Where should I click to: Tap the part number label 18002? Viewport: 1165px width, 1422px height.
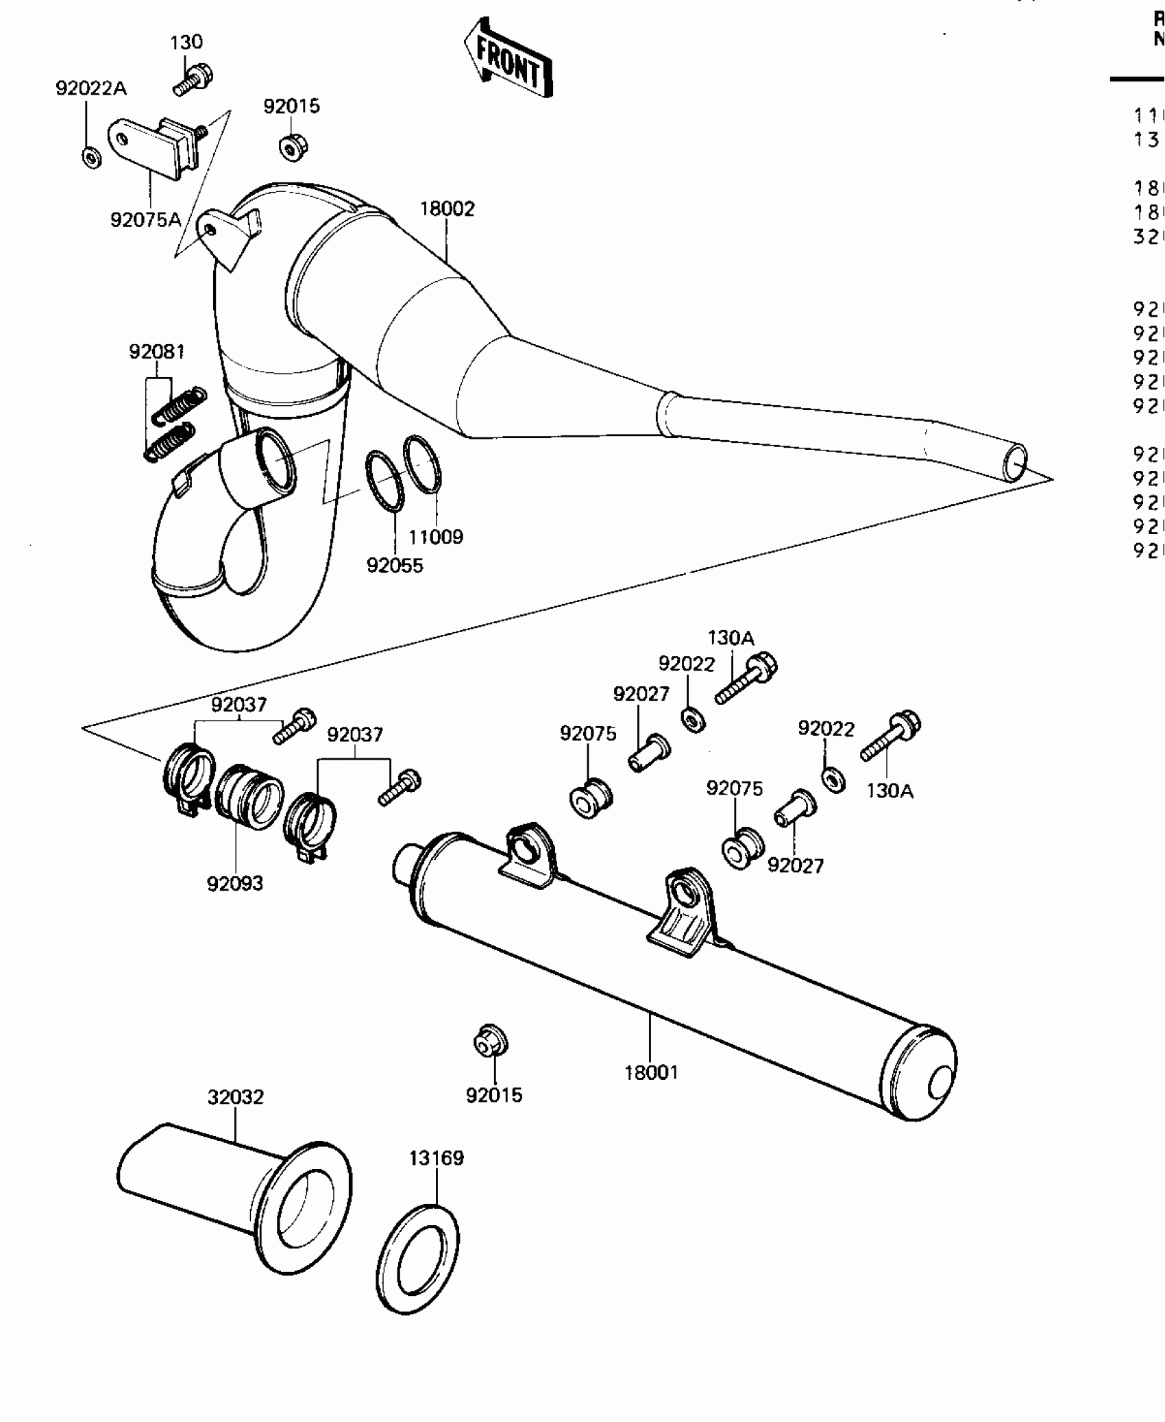[447, 208]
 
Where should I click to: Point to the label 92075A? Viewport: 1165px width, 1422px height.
[145, 219]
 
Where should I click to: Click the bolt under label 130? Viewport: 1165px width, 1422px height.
[192, 79]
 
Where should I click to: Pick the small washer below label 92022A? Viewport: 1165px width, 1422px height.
[91, 158]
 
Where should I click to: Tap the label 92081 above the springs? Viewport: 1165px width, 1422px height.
[157, 352]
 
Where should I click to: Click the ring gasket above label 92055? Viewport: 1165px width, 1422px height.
[384, 481]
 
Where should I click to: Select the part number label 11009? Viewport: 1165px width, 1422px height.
[436, 537]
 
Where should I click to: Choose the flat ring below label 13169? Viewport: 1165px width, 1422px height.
[418, 1260]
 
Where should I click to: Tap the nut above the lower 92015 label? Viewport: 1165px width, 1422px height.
[491, 1060]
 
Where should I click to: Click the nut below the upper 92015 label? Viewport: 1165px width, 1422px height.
[293, 147]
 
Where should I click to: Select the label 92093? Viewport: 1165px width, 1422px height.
[235, 883]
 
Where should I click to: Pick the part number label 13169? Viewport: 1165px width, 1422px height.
[437, 1158]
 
